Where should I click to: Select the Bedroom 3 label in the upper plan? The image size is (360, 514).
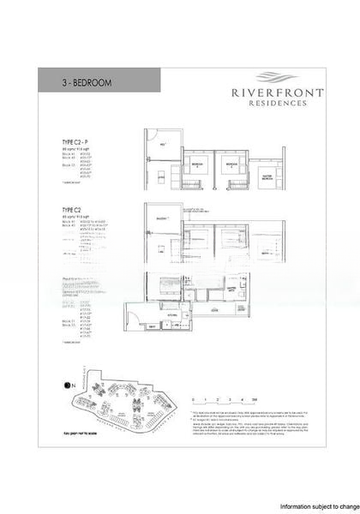[196, 163]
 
